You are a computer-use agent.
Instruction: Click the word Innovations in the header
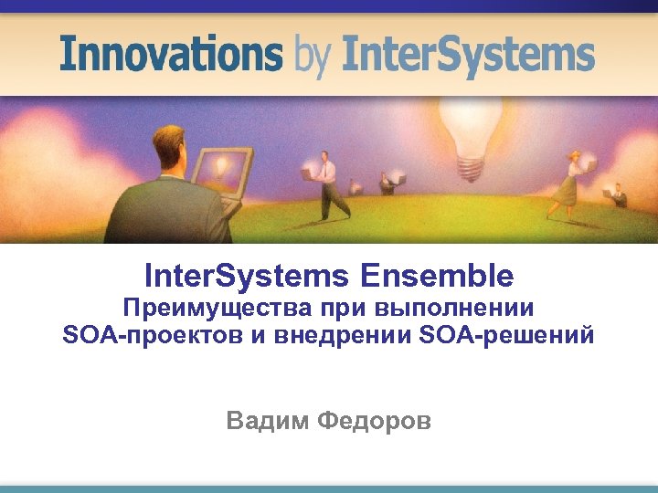[171, 54]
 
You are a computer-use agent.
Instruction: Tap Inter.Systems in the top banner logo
[468, 54]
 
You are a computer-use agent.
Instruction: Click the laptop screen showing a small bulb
[220, 170]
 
